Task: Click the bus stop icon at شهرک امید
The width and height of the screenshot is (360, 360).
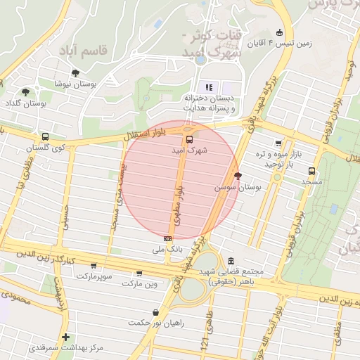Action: coord(188,139)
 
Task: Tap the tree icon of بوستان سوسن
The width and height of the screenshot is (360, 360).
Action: coord(238,176)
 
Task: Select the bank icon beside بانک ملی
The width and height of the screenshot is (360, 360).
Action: coord(168,238)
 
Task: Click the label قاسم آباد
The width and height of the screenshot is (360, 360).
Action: coord(105,51)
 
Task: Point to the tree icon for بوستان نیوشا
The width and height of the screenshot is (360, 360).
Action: coord(75,72)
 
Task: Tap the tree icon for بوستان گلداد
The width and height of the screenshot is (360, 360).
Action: coord(25,92)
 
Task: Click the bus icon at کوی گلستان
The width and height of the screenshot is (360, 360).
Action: coord(46,137)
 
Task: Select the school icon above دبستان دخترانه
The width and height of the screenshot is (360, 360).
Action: coord(209,87)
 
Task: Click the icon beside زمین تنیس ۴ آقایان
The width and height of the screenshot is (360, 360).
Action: coord(280,32)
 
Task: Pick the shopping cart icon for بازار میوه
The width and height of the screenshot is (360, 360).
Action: coord(278,143)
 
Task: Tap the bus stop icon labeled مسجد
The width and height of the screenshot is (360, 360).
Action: coord(311,170)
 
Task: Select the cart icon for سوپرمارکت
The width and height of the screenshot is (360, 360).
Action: coord(94,266)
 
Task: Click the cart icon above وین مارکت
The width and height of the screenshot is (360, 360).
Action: coord(139,274)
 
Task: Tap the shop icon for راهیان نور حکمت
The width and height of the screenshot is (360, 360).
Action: coord(155,312)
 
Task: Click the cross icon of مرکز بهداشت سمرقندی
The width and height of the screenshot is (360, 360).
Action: coord(65,337)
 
